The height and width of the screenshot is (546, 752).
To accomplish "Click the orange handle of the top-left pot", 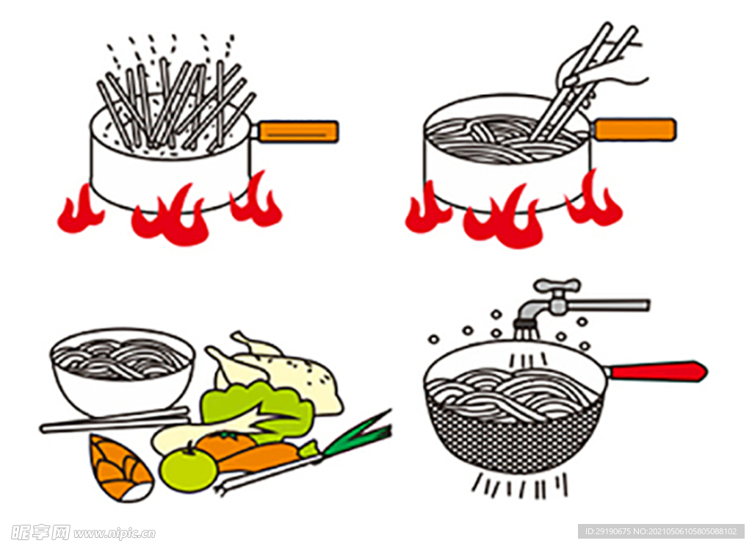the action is (x=297, y=131).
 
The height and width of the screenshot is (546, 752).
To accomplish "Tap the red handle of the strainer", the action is (x=657, y=371).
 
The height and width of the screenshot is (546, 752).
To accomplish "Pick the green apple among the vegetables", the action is (x=188, y=468).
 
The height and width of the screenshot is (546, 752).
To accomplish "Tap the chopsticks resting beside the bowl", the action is (x=115, y=420).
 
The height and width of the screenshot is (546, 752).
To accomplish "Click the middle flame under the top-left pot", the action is (x=170, y=217).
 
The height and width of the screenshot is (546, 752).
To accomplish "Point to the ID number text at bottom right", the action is (x=661, y=531).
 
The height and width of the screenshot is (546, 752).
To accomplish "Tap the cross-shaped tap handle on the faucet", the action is (x=557, y=286).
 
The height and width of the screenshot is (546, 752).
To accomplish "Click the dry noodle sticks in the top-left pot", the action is (x=175, y=103).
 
